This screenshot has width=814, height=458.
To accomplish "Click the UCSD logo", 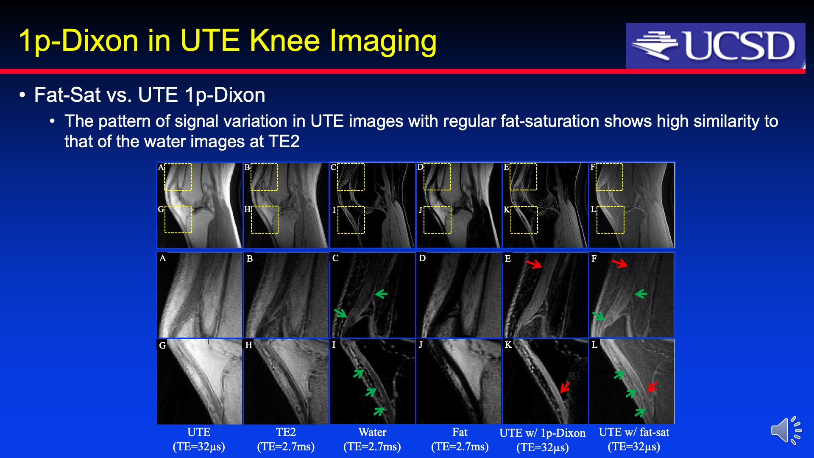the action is (715, 46).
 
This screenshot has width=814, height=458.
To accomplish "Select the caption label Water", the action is (372, 432).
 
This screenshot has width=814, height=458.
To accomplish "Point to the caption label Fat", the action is (460, 432).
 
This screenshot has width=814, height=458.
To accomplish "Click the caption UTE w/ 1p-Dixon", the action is (542, 433).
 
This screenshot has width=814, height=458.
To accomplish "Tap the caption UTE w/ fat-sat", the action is (634, 432).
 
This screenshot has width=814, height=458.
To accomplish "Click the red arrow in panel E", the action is (534, 264).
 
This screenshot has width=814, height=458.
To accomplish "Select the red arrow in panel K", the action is (565, 387).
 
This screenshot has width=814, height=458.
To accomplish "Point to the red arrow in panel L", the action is (652, 387).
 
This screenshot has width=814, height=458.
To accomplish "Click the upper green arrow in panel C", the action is (381, 293).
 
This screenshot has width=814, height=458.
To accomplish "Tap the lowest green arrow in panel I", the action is (379, 411).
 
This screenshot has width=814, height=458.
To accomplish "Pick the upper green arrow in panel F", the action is (641, 293).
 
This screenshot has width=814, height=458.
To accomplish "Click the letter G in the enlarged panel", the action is (162, 345).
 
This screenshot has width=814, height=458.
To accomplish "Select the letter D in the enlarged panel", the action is (422, 258).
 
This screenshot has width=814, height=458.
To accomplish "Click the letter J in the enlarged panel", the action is (421, 344).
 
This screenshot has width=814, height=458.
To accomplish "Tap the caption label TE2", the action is (286, 432).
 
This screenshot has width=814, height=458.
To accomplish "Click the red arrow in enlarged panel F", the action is (620, 264).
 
